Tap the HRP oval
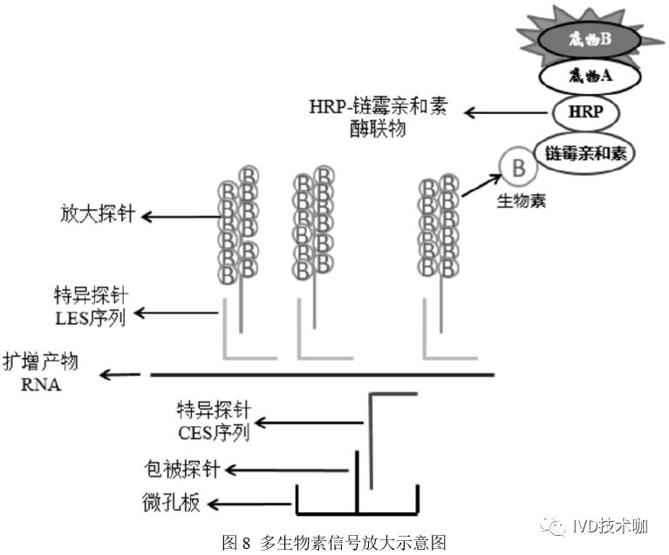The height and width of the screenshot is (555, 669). point(584,112)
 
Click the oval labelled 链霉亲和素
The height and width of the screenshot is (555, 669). point(587,152)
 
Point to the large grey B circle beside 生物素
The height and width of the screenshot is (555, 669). point(517,164)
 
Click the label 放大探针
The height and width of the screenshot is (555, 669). point(98,214)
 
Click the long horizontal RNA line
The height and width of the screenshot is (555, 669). point(323,375)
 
